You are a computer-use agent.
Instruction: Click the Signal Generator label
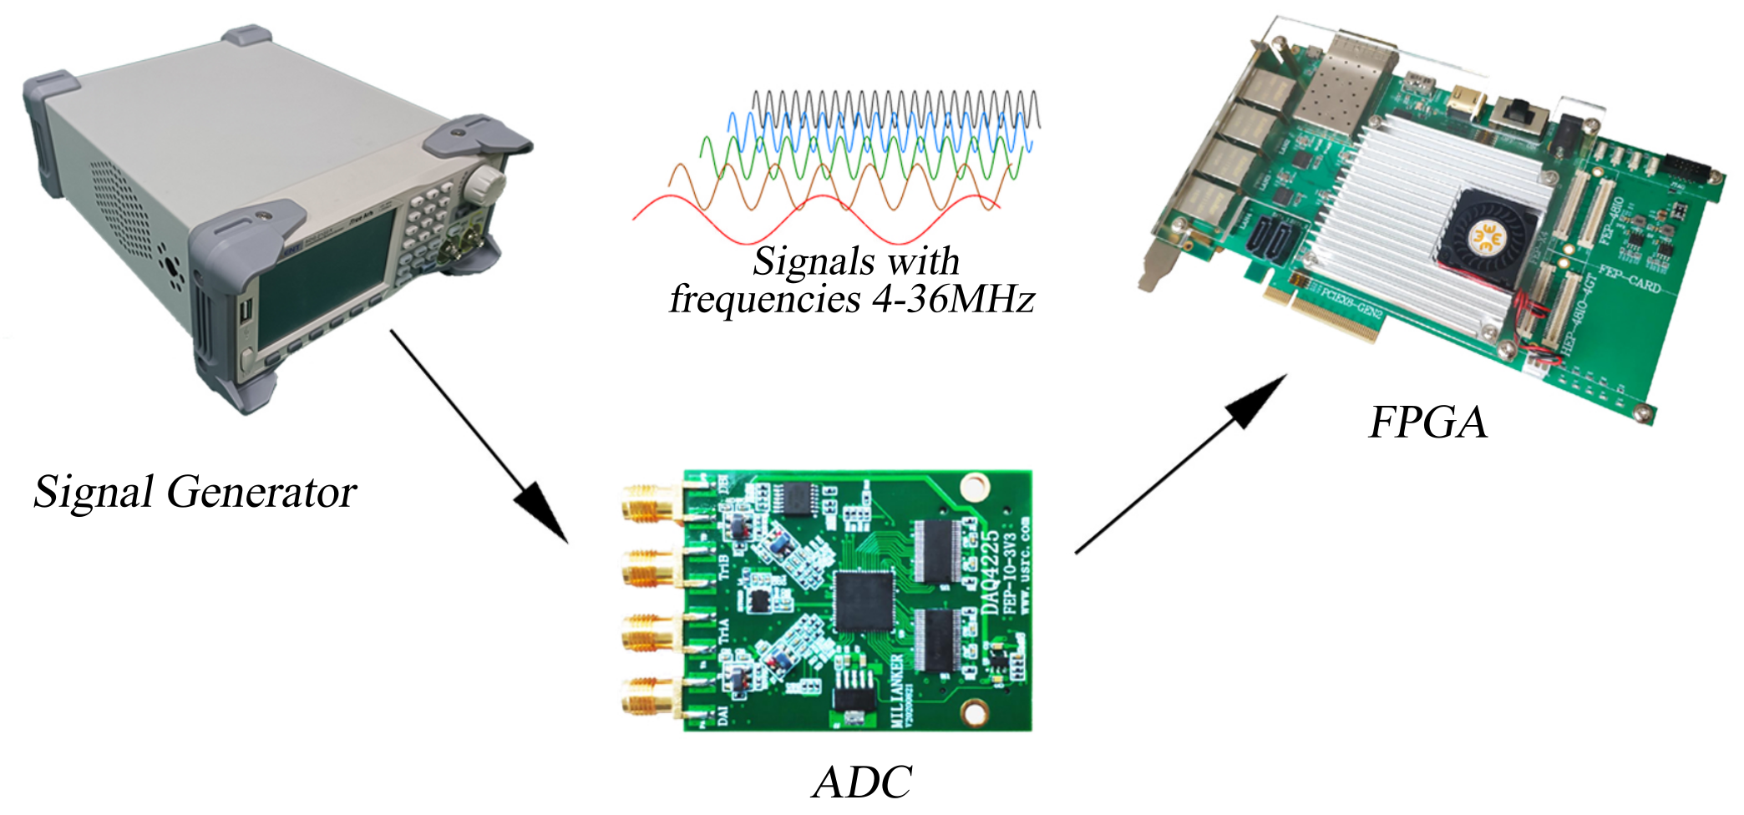click(195, 492)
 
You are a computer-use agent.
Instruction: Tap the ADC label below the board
click(862, 782)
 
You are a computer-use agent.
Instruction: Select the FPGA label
click(1428, 422)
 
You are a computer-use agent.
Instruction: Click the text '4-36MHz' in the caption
click(953, 299)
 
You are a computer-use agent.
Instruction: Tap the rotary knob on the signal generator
click(484, 185)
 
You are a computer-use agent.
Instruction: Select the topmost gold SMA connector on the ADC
click(646, 506)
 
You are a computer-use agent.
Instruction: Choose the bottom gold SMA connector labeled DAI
click(646, 696)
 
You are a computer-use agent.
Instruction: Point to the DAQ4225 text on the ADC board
click(991, 571)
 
